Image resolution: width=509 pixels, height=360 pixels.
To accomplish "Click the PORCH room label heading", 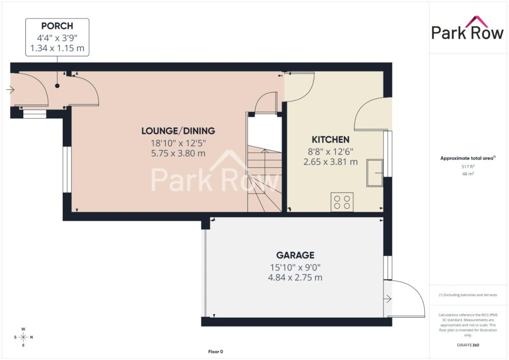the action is coord(57,26).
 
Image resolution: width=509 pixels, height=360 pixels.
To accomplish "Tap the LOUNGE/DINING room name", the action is coord(178,131).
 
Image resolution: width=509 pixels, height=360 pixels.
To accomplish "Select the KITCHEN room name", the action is coord(331,140).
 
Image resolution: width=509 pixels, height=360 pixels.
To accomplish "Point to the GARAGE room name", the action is coord(295,255).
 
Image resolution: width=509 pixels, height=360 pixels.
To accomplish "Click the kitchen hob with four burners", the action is coord(342,202).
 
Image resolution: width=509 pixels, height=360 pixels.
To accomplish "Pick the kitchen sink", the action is coord(375,173).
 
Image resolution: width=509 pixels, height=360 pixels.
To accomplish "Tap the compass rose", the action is coord(23,337).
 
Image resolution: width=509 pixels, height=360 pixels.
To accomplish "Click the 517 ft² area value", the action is coord(468,167).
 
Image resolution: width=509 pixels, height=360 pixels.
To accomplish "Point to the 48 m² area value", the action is coord(468,174).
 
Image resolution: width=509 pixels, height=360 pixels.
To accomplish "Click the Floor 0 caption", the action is coord(216,352).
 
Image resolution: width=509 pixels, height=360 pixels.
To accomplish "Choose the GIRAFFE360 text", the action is coord(468,345).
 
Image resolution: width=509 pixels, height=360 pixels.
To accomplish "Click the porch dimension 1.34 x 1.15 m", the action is coord(57,48).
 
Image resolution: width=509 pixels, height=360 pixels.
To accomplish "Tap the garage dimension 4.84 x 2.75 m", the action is coord(295,277).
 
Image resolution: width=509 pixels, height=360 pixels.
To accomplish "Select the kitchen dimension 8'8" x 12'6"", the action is coord(331,152).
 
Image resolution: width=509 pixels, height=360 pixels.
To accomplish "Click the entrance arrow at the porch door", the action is coord(10,90).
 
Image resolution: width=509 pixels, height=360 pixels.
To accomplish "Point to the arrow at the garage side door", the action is coord(387,299).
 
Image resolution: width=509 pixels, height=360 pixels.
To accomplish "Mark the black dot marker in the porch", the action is coord(58,86).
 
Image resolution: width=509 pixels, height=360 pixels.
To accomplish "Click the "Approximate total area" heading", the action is coord(467,159).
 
